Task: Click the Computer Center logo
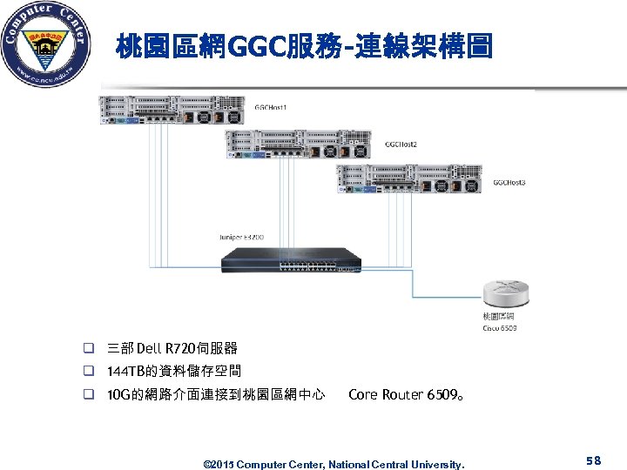pos(46,45)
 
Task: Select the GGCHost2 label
pos(401,144)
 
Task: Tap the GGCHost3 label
pos(509,182)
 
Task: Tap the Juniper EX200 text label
pos(240,237)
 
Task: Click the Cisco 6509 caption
pos(500,328)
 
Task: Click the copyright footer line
pos(334,464)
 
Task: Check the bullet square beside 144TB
pos(89,372)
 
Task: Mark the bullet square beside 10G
pos(89,394)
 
